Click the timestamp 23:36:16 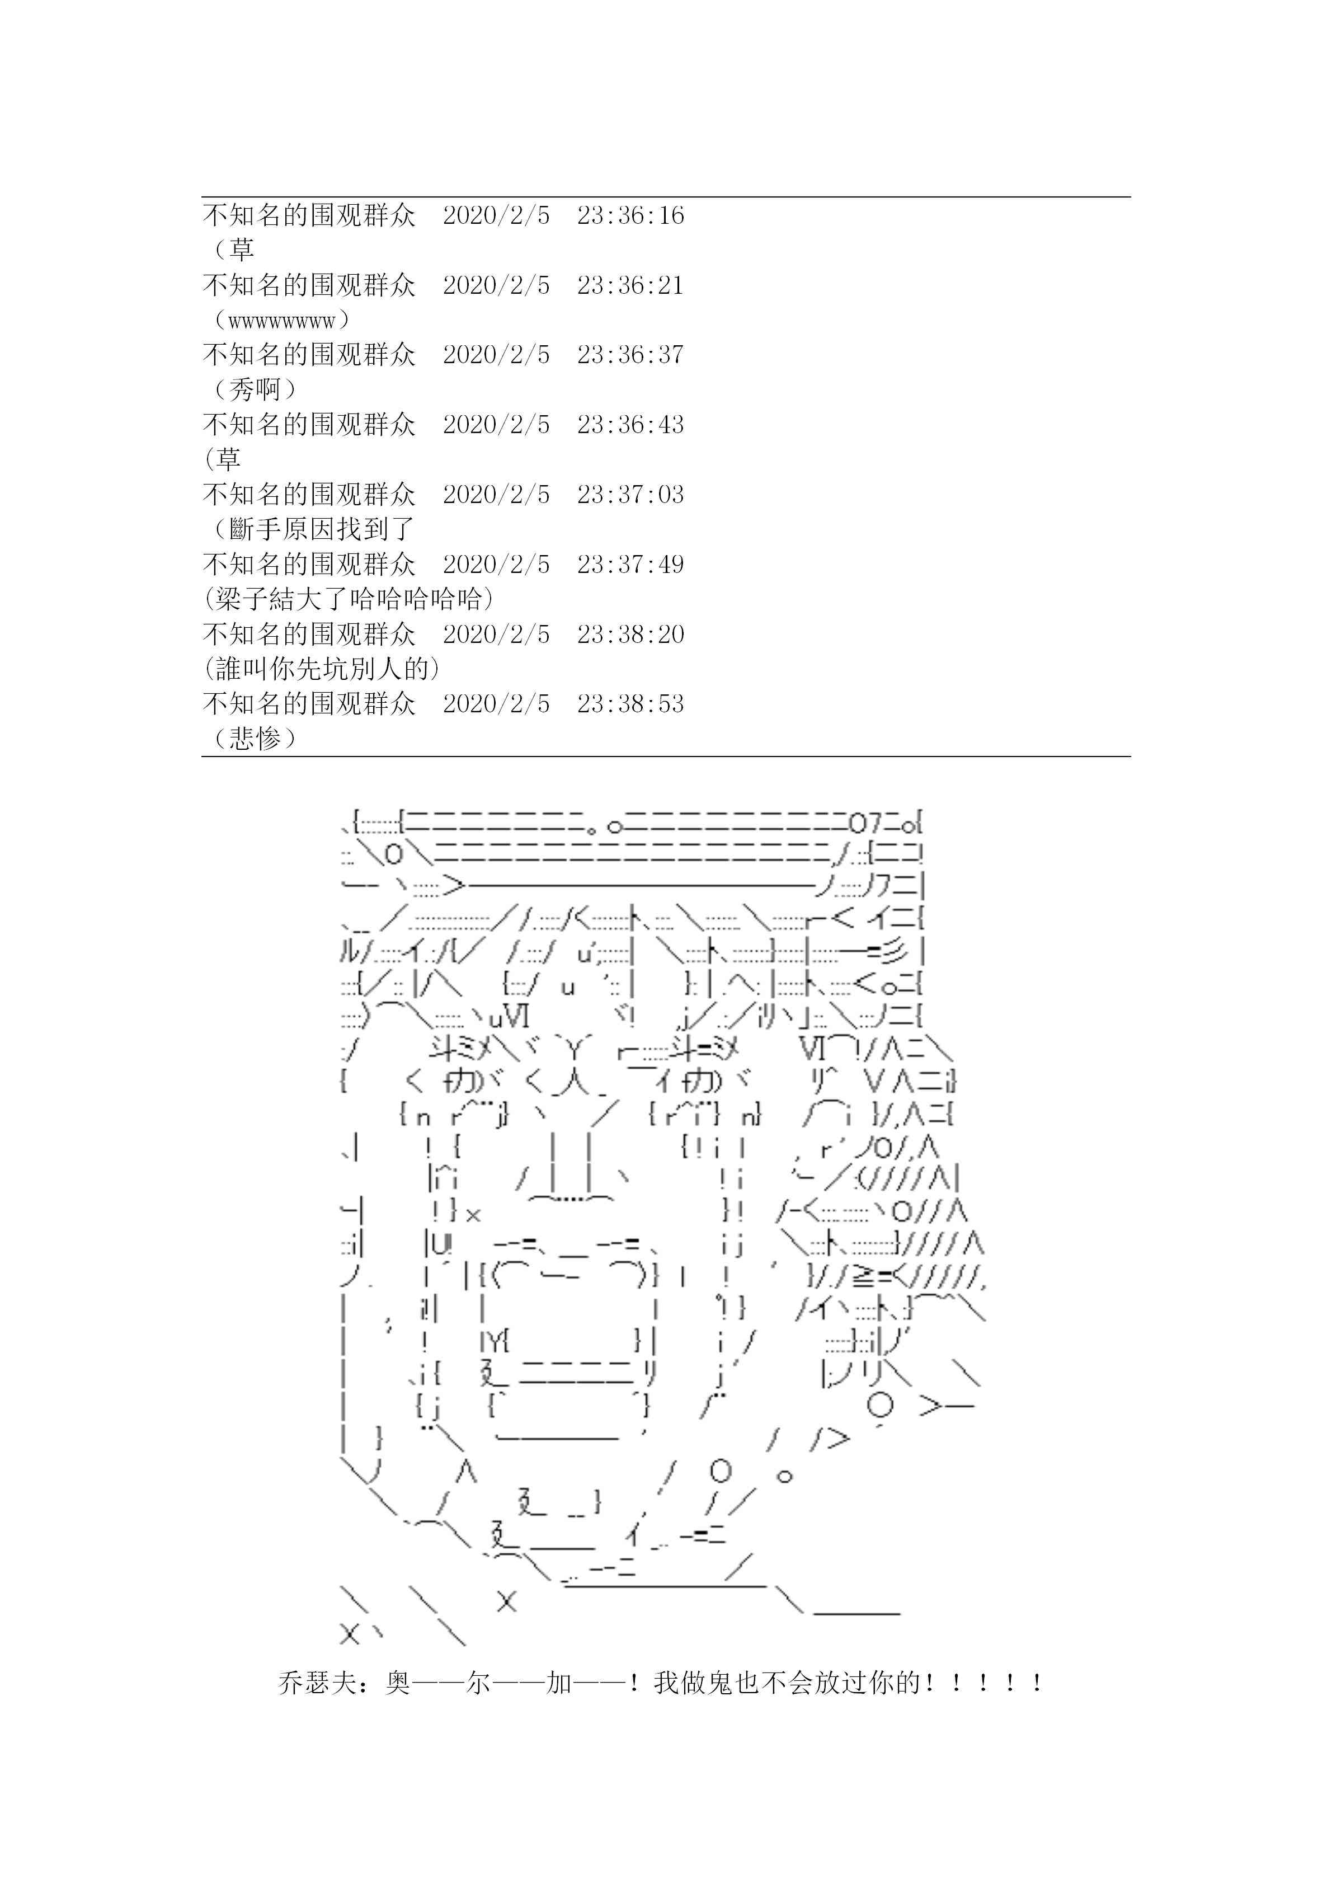630,216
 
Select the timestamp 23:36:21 630,285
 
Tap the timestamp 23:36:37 630,355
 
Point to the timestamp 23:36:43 630,425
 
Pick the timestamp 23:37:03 630,495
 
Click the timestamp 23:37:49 630,565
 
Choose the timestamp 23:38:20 630,635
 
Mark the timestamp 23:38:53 630,704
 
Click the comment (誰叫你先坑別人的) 322,669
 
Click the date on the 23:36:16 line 496,216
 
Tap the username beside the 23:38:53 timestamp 309,704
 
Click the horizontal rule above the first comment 666,197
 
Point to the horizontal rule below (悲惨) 666,757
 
